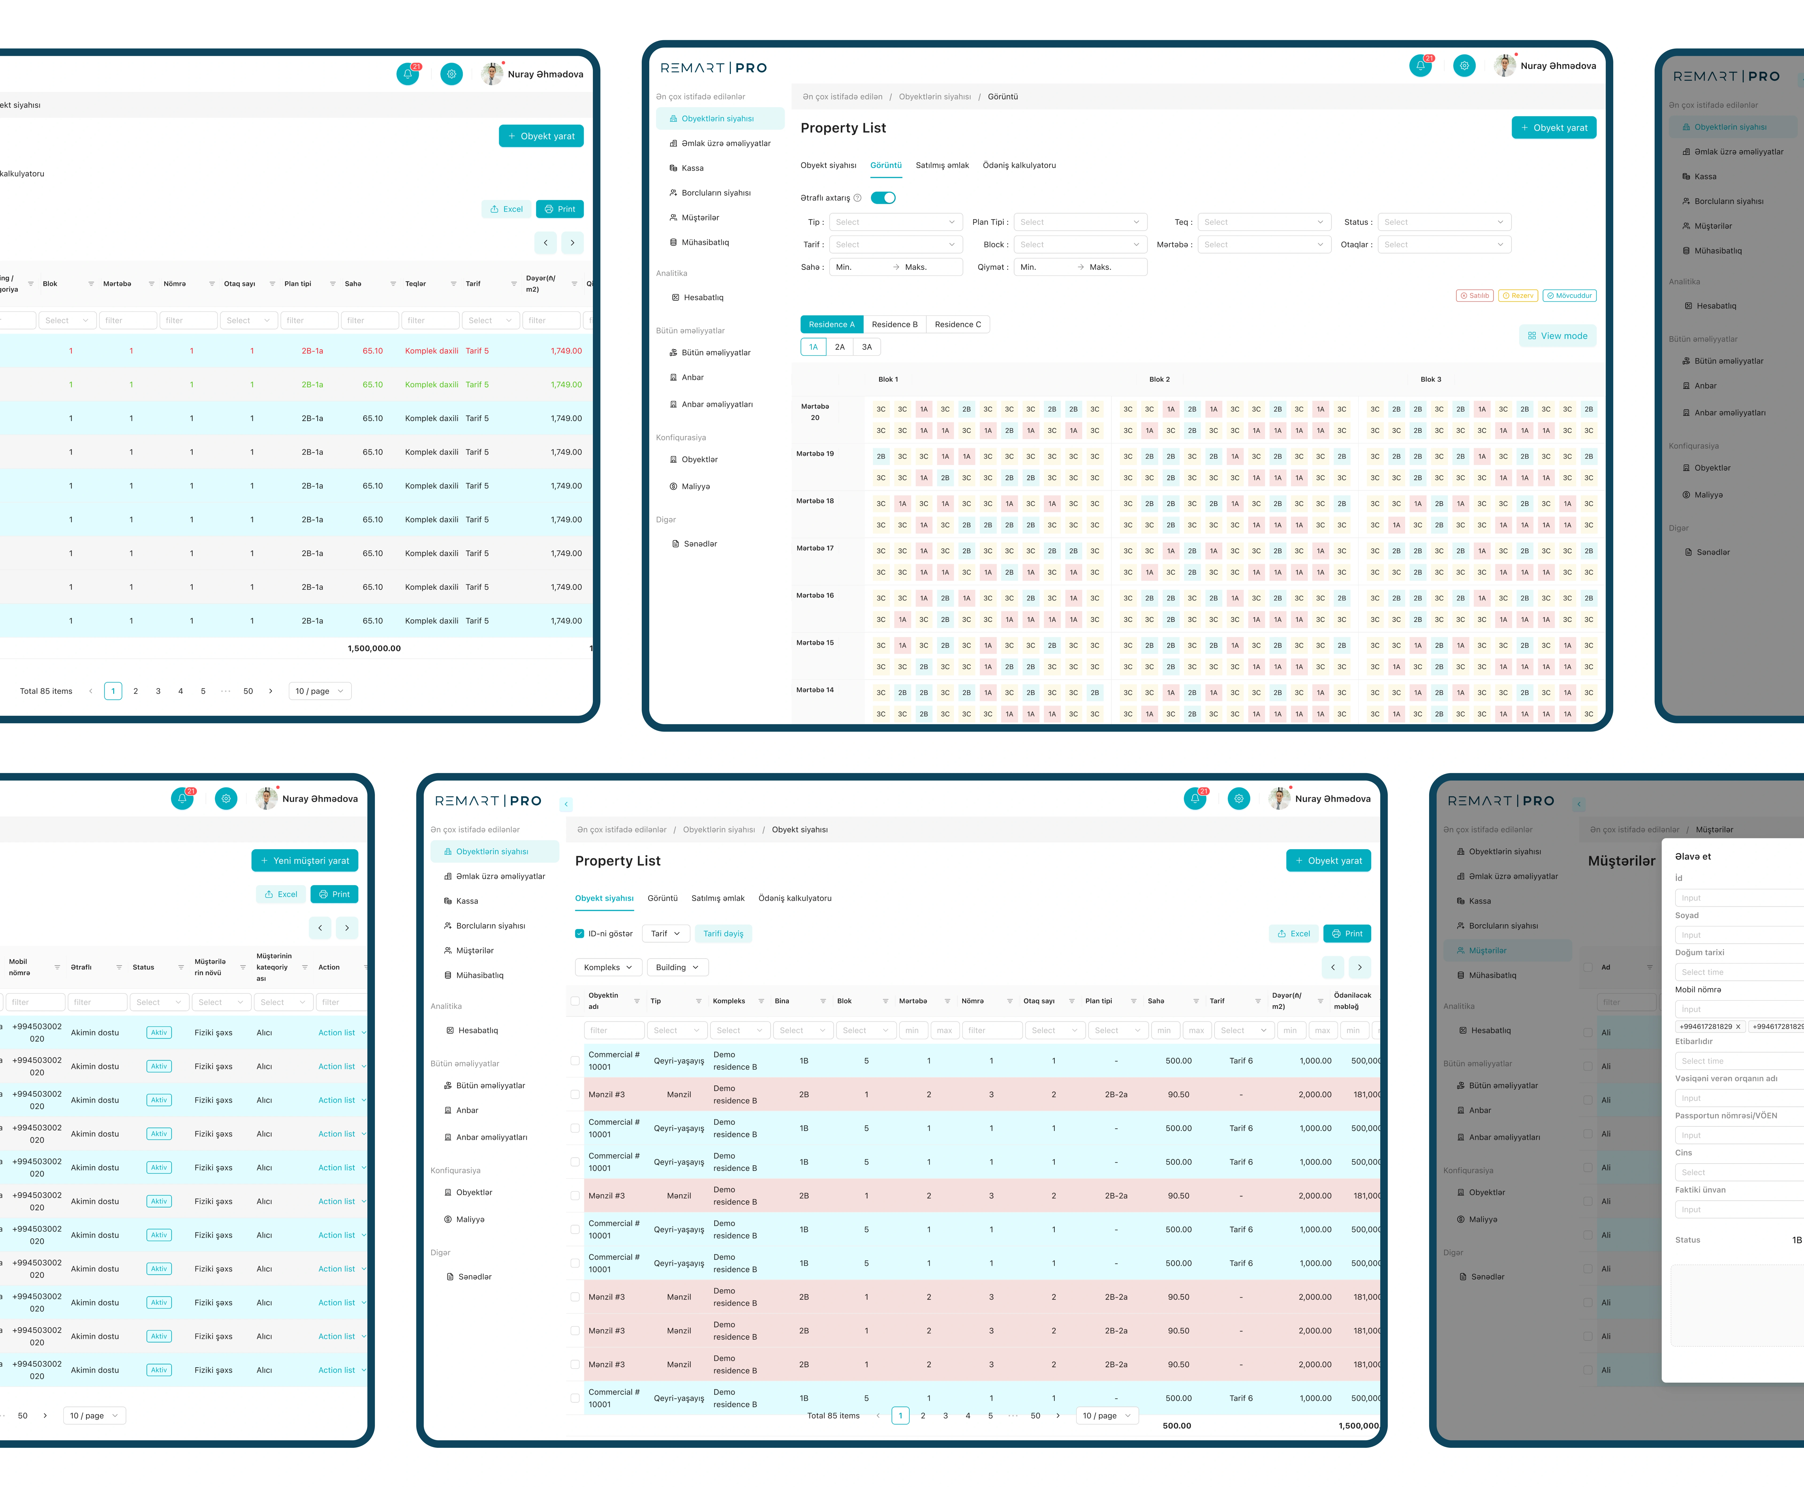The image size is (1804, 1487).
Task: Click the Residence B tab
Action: pos(894,325)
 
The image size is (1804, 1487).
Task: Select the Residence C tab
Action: pos(958,325)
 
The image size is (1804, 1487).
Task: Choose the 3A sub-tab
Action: pos(867,347)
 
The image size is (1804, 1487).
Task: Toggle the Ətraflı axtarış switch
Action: pos(883,198)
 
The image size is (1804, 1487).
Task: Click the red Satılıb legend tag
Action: pos(1475,295)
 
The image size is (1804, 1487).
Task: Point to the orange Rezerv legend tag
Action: pos(1518,295)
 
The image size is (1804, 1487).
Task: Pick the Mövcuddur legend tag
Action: pos(1569,295)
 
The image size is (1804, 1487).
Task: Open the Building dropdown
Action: pos(677,967)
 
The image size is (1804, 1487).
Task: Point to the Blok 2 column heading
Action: pos(1159,379)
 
